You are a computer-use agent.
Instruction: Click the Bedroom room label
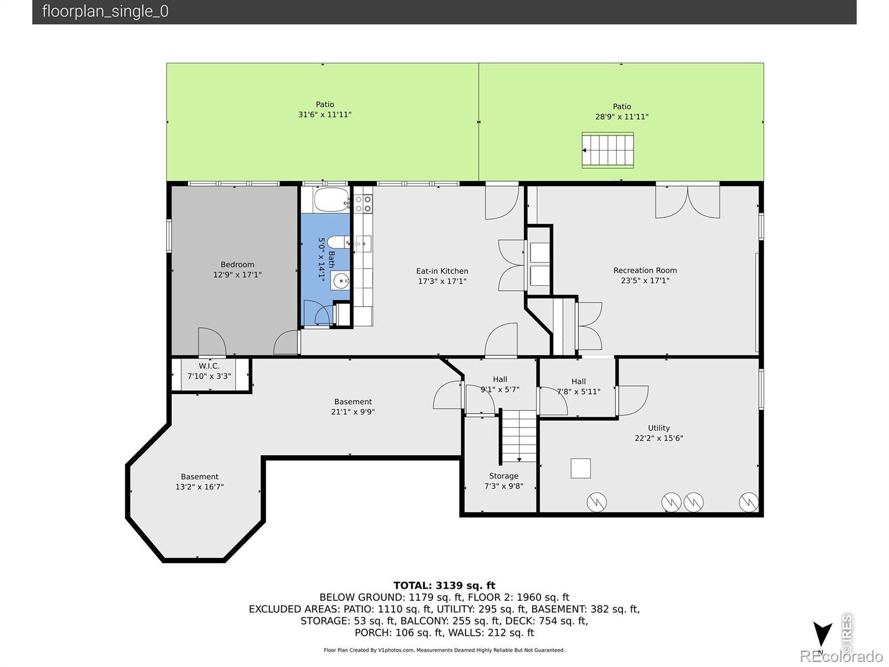click(237, 265)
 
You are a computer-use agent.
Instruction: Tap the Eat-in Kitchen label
click(442, 271)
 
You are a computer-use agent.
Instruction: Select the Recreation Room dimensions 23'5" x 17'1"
click(645, 280)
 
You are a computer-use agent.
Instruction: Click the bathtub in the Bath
click(332, 200)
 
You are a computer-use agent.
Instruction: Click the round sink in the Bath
click(341, 281)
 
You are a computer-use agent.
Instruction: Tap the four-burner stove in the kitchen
click(363, 203)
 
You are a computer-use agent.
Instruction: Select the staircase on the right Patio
click(607, 150)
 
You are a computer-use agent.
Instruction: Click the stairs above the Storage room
click(519, 436)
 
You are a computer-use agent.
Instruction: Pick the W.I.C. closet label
click(209, 366)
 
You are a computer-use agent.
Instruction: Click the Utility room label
click(658, 427)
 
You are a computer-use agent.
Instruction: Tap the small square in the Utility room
click(581, 468)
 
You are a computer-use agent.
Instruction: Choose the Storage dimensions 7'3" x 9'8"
click(503, 486)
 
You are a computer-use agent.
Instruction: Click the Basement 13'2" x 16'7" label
click(199, 481)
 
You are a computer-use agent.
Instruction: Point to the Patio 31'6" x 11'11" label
click(324, 109)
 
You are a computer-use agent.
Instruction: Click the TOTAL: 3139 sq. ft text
click(444, 585)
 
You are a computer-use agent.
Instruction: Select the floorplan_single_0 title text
click(106, 11)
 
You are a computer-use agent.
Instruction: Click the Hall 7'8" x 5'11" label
click(578, 386)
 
